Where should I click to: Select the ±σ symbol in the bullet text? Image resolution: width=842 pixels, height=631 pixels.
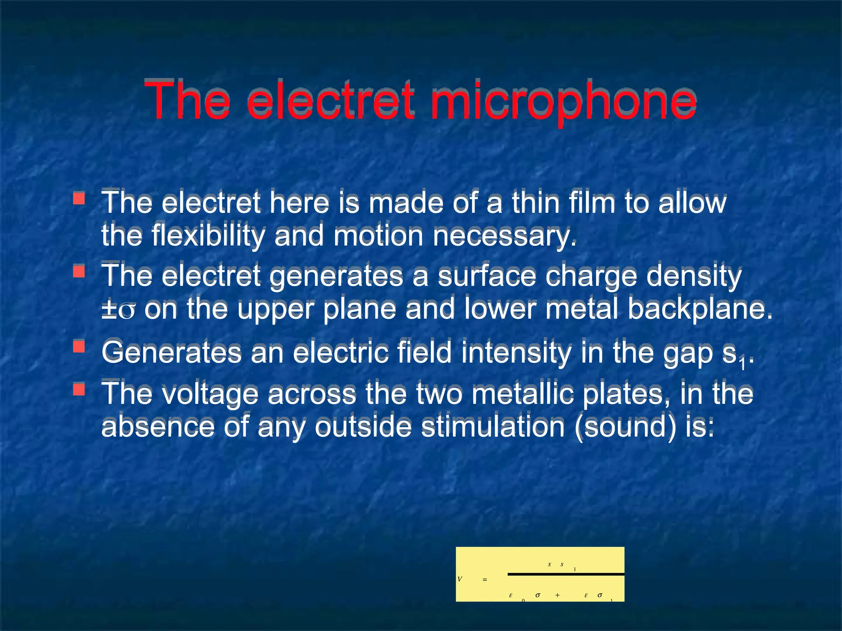(x=118, y=309)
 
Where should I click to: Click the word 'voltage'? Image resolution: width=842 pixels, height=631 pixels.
(x=210, y=394)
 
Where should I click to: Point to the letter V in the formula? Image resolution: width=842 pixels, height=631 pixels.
(x=460, y=579)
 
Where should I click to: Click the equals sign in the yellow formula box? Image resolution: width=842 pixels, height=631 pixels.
(x=485, y=580)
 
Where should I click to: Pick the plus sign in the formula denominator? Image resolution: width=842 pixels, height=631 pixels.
(x=557, y=595)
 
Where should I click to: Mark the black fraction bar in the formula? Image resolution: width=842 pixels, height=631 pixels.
(x=566, y=574)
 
